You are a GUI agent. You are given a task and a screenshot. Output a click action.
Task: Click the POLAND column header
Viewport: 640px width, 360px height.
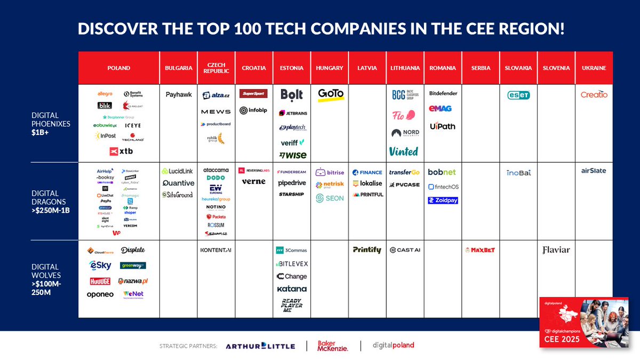tap(118, 68)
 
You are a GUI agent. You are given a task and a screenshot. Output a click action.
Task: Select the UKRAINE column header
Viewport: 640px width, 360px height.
tap(594, 68)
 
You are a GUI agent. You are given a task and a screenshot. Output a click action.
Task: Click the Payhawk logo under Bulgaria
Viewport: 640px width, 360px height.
tap(178, 95)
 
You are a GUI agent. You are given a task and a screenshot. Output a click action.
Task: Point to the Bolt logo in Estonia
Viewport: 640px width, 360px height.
tap(292, 95)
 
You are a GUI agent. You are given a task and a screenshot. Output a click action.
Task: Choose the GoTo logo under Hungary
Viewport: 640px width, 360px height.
tap(331, 94)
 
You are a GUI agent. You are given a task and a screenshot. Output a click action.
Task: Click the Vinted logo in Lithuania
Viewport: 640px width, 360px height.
tap(404, 151)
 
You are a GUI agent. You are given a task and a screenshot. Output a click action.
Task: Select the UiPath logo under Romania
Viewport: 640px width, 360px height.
tap(443, 126)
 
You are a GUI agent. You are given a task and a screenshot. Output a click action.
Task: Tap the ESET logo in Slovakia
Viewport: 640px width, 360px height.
tap(518, 95)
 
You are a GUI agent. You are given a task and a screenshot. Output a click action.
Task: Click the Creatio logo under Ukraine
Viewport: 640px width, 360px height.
tap(594, 94)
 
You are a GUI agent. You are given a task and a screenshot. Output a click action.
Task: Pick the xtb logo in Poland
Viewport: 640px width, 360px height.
tap(121, 151)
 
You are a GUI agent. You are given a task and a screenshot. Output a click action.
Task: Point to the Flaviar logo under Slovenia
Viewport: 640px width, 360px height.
tap(556, 250)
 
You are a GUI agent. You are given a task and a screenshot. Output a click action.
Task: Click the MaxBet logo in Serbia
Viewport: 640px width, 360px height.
tap(480, 250)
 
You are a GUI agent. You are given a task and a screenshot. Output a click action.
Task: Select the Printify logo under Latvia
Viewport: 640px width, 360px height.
tap(367, 250)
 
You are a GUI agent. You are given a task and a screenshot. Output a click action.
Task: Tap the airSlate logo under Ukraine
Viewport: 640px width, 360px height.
tap(594, 171)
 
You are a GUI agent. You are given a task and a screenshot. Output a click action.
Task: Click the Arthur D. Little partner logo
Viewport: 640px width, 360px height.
tap(260, 346)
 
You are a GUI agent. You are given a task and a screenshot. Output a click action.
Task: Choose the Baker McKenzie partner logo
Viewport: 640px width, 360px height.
tap(333, 346)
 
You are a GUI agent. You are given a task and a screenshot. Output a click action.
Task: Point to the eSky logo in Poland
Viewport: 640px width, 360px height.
tap(100, 266)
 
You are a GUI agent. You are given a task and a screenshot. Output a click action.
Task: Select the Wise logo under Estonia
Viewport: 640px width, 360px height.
tap(292, 155)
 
